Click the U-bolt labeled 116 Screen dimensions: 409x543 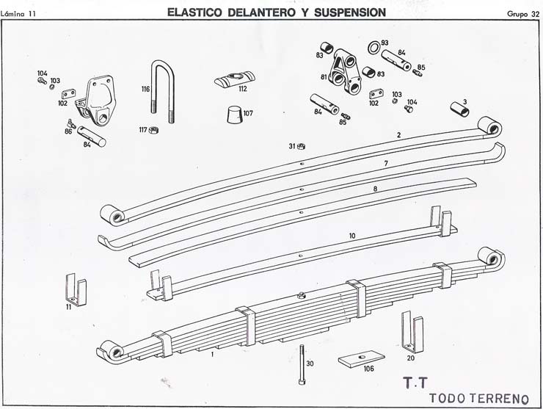pyautogui.click(x=162, y=87)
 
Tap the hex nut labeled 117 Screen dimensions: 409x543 pyautogui.click(x=155, y=130)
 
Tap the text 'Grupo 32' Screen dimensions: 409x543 pyautogui.click(x=522, y=13)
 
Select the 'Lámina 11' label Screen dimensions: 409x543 pyautogui.click(x=20, y=13)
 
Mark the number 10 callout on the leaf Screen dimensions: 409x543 pyautogui.click(x=352, y=236)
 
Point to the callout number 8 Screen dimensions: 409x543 pyautogui.click(x=375, y=189)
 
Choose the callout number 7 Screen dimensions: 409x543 pyautogui.click(x=385, y=162)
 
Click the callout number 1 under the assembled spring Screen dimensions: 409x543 pyautogui.click(x=212, y=355)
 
